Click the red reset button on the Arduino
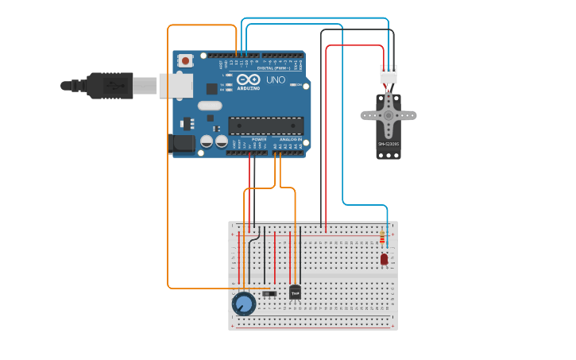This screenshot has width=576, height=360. point(185,60)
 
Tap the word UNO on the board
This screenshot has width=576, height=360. point(275,80)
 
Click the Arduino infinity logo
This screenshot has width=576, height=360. point(248,79)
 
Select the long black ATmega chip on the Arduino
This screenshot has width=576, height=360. point(265,125)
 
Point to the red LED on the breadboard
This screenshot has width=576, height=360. point(384,258)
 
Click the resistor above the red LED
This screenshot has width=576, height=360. point(382,238)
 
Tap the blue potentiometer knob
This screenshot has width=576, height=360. point(243,304)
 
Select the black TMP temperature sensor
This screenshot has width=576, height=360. point(296,292)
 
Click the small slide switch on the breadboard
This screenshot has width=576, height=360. point(269,294)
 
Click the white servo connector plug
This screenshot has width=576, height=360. point(389,74)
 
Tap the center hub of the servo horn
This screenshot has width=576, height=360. point(389,114)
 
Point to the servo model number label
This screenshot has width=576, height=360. point(389,144)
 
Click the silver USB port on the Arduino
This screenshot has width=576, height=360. point(176,85)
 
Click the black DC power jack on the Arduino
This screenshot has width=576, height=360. point(183,144)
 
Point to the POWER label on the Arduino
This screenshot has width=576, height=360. point(259,139)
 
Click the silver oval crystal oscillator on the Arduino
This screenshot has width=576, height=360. point(210,106)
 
